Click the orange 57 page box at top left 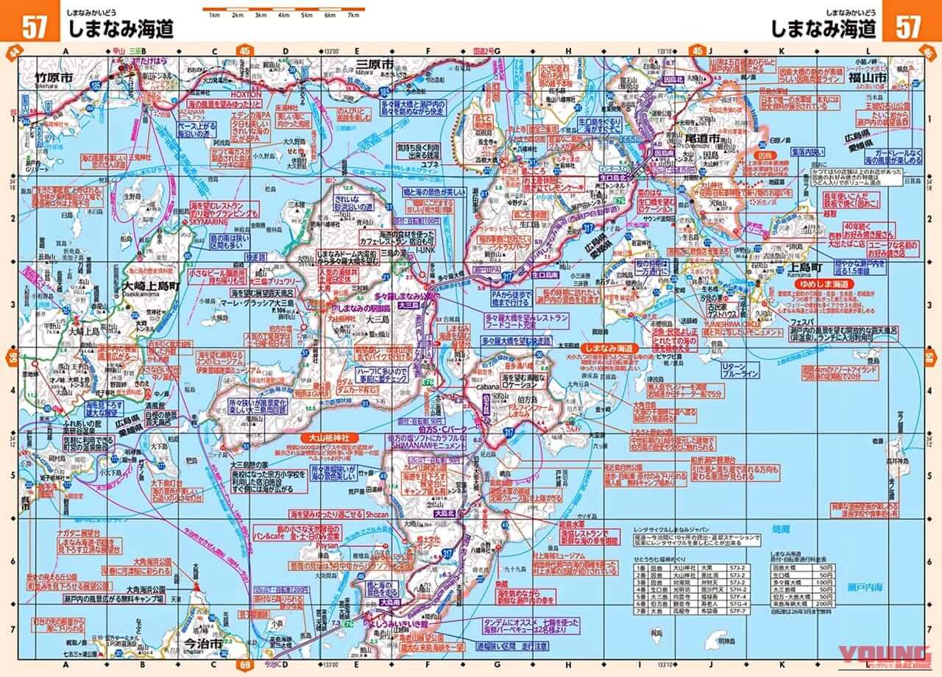(35, 27)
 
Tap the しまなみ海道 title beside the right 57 (824, 28)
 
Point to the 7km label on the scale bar (353, 15)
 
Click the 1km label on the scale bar (214, 15)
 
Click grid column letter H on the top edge (568, 52)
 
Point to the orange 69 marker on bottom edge (244, 667)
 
